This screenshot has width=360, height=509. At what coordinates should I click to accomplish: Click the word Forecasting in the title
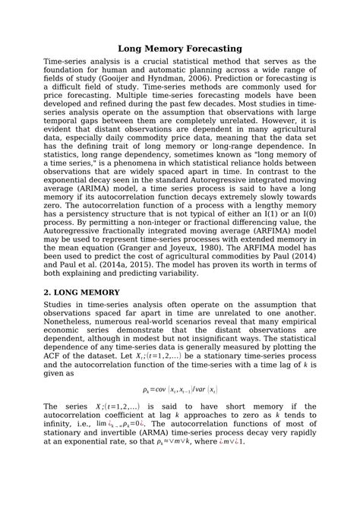pos(207,48)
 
